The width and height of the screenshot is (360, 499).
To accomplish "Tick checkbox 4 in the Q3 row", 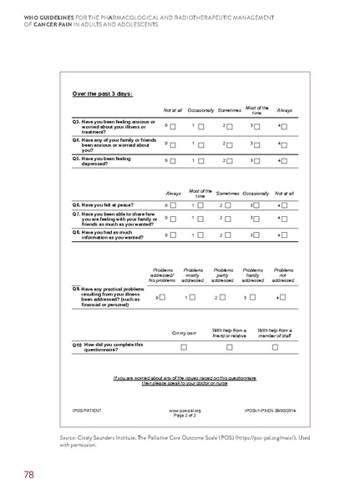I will tap(286, 126).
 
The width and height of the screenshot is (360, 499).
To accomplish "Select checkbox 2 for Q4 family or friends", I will tap(231, 144).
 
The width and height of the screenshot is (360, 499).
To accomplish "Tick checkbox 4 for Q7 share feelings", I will tap(286, 219).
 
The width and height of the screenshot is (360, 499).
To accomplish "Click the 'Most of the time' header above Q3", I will tap(256, 109).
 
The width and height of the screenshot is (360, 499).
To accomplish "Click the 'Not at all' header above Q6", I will tap(285, 193).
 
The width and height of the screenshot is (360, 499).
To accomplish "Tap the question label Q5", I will tap(77, 157).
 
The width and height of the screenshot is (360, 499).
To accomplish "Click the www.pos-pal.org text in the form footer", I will tap(185, 411).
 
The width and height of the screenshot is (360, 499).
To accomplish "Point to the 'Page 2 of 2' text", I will tap(185, 416).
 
